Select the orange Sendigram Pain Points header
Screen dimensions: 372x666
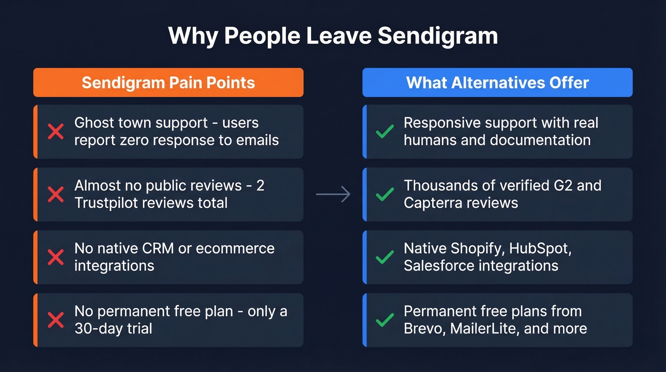point(168,82)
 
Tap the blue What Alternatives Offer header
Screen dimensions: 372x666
point(498,82)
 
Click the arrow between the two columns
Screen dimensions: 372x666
point(333,194)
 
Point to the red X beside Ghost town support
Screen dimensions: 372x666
point(56,131)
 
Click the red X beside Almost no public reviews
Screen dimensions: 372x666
point(56,194)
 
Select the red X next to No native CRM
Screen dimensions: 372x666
point(56,257)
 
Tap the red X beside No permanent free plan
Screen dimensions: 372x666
point(56,320)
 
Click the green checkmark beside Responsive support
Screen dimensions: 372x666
point(385,131)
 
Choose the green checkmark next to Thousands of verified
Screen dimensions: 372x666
point(385,194)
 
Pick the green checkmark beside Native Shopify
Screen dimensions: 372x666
point(385,257)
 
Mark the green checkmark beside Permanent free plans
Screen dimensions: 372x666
point(385,320)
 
